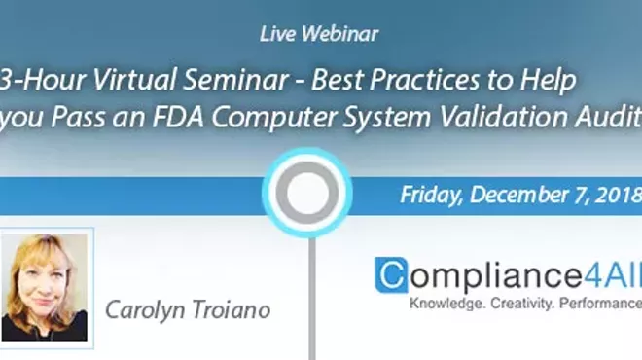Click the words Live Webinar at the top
(319, 34)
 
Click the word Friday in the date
(431, 195)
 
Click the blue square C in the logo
(391, 275)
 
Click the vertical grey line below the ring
(310, 302)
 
